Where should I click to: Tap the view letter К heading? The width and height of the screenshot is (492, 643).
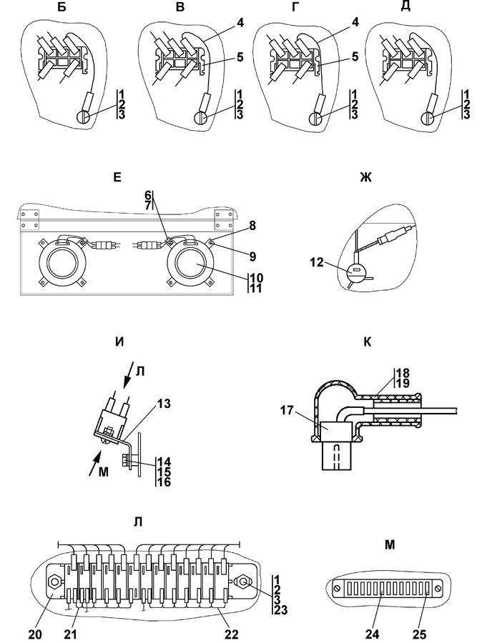(367, 342)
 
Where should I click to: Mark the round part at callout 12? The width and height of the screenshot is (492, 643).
(354, 273)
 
